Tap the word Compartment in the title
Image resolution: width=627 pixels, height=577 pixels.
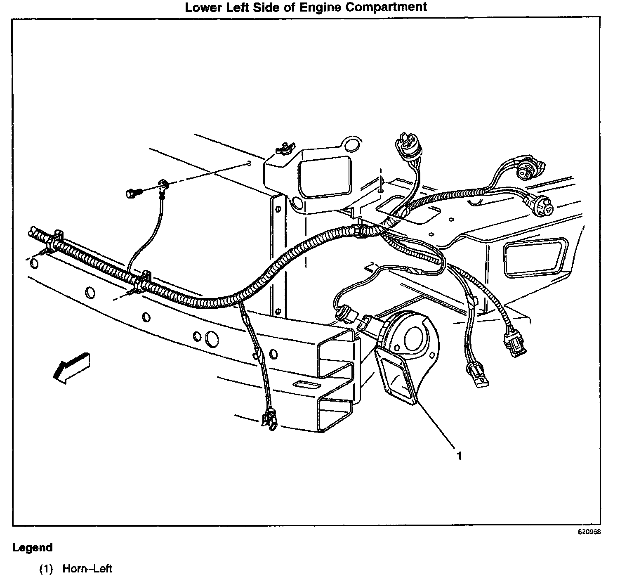tap(386, 7)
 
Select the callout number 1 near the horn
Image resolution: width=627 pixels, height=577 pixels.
tap(458, 456)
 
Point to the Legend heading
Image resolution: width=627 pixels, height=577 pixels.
tap(33, 548)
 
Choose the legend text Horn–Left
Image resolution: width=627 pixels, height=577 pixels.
tap(87, 569)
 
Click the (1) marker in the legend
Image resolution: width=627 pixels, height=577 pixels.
tap(46, 569)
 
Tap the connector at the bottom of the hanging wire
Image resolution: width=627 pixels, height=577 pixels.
tap(269, 420)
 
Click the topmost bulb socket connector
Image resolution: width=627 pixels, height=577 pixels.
tap(405, 145)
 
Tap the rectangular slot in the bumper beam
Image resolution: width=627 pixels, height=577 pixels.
tap(307, 385)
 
